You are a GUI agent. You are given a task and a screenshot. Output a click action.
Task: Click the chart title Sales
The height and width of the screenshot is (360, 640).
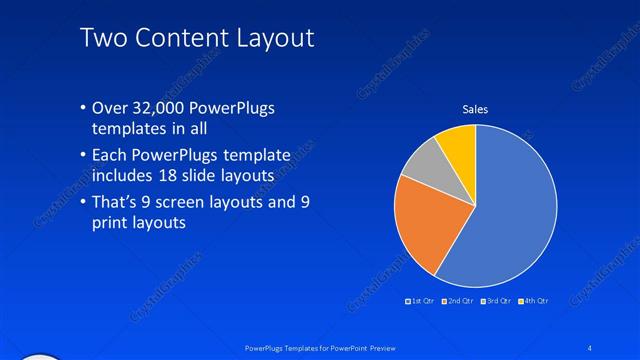tap(475, 109)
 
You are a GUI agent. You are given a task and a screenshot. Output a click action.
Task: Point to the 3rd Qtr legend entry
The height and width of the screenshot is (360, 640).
tap(496, 300)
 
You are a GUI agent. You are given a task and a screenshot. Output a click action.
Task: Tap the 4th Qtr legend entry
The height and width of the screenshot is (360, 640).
tap(535, 300)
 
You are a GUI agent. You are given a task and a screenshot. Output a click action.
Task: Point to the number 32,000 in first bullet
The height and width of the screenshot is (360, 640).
tap(163, 108)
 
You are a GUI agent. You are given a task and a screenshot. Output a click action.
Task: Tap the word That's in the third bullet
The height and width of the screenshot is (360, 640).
tap(118, 203)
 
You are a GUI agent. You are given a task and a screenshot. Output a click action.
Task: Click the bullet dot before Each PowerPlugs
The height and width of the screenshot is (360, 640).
tap(83, 156)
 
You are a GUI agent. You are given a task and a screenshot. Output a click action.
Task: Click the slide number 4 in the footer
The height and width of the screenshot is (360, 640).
tap(590, 347)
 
